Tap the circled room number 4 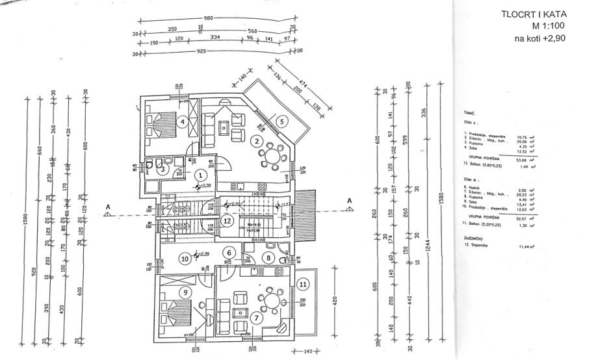[183, 121]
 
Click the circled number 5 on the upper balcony [281, 121]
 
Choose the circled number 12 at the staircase [226, 220]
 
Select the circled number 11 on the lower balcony [302, 283]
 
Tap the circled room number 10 [185, 258]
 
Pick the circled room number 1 [201, 175]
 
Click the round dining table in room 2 [272, 158]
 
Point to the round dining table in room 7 [270, 300]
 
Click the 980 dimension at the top [209, 18]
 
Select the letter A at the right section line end [349, 200]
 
